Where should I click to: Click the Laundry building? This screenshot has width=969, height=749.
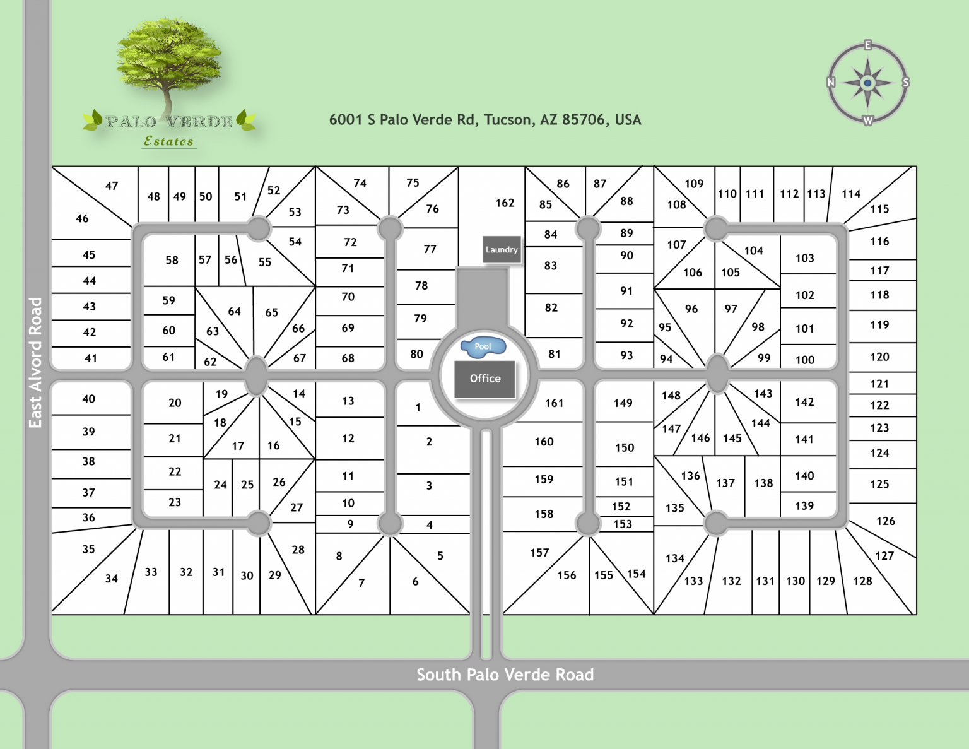tap(502, 250)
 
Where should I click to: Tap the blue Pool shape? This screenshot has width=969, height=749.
tap(483, 346)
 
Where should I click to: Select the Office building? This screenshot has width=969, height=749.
tap(485, 379)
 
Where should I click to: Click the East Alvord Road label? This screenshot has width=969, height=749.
tap(36, 363)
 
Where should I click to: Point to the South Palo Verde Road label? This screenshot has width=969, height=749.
tap(505, 675)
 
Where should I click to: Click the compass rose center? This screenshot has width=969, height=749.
tap(867, 83)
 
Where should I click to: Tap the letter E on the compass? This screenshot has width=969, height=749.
tap(868, 45)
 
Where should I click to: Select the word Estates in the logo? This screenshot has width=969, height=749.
tap(168, 141)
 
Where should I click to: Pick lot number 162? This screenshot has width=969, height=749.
tap(505, 203)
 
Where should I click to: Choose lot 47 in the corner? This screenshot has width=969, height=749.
tap(112, 186)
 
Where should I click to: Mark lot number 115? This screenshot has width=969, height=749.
tap(879, 209)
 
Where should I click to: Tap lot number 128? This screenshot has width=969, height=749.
tap(862, 581)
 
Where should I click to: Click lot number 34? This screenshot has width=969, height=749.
tap(111, 579)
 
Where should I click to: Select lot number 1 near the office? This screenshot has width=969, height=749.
tap(418, 408)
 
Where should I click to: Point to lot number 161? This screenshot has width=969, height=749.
tap(554, 403)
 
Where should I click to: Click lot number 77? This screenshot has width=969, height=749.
tap(430, 249)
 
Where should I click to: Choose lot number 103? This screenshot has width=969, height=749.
tap(804, 258)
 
